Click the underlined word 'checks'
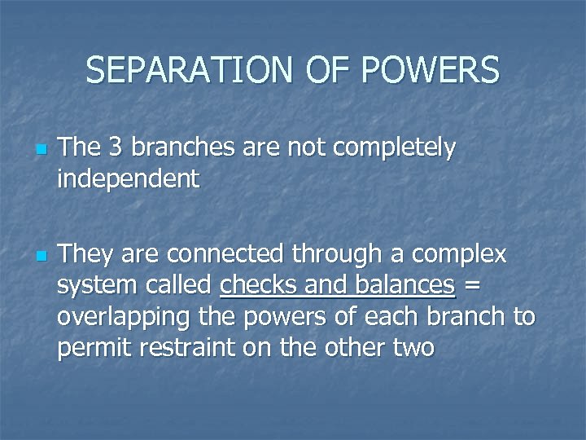point(260,284)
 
